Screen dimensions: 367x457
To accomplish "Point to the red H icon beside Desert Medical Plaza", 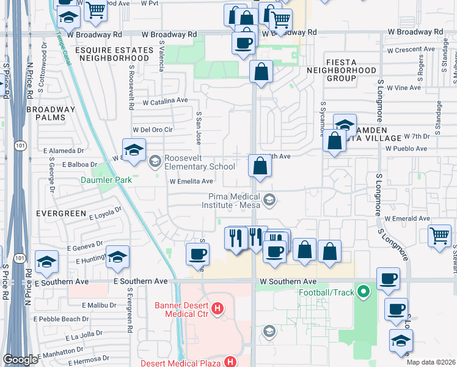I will pos(230,362).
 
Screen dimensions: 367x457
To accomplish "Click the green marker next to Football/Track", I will pos(365,292).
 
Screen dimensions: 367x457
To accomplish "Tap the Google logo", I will pos(20,360).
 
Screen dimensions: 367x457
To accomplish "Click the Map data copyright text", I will pos(431,362).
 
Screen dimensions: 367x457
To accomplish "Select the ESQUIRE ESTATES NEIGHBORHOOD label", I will pos(113,53).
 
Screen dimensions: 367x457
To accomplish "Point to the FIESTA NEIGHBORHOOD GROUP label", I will pos(350,70).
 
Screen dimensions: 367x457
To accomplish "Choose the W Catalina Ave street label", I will pos(165,100).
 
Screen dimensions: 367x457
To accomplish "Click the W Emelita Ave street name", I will pos(191,181).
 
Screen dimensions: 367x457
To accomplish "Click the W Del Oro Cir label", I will pos(153,130).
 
